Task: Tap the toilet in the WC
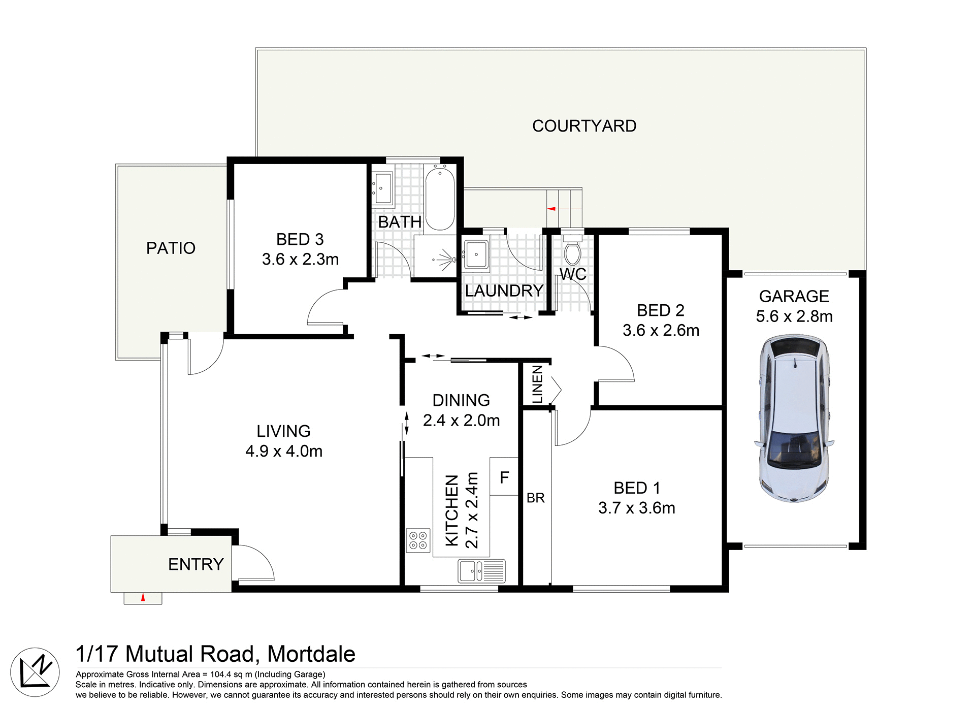tap(572, 253)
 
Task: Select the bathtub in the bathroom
tap(440, 199)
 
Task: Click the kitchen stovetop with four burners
tap(418, 540)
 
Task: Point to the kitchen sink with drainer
tap(481, 571)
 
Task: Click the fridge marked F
tap(504, 477)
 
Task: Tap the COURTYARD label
tap(584, 126)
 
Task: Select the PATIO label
tap(171, 248)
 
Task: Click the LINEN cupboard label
tap(537, 384)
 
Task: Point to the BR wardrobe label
tap(535, 498)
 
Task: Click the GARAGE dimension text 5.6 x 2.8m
tap(794, 316)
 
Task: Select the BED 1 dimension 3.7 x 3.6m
tap(637, 508)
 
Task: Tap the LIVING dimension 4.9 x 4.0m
tap(284, 451)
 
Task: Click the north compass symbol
tap(35, 672)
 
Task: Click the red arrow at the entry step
tap(143, 597)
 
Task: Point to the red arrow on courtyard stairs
tap(551, 209)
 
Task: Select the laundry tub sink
tap(476, 253)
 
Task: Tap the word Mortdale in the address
tap(311, 654)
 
